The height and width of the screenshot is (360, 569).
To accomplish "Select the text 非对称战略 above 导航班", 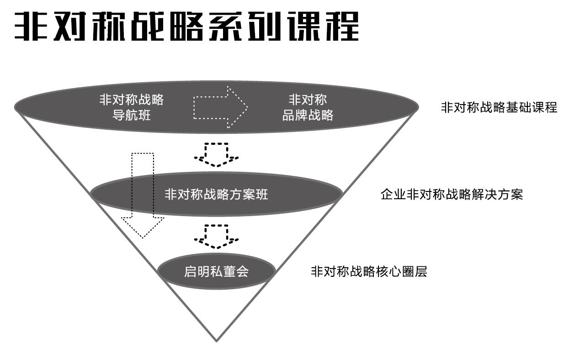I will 132,99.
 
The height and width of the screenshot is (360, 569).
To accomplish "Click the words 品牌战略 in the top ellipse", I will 308,115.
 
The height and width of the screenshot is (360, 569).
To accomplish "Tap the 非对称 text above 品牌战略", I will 308,99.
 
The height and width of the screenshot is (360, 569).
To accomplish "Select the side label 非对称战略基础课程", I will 499,107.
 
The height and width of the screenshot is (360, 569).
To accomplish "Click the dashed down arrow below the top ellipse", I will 216,154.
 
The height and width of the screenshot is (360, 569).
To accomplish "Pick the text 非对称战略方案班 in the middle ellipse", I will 216,194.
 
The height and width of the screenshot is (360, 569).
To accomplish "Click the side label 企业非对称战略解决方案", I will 452,195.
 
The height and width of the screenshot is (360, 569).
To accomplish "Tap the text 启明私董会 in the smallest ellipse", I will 216,272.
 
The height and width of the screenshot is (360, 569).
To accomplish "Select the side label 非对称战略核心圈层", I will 369,272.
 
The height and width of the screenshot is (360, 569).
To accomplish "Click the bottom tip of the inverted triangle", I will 216,340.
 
